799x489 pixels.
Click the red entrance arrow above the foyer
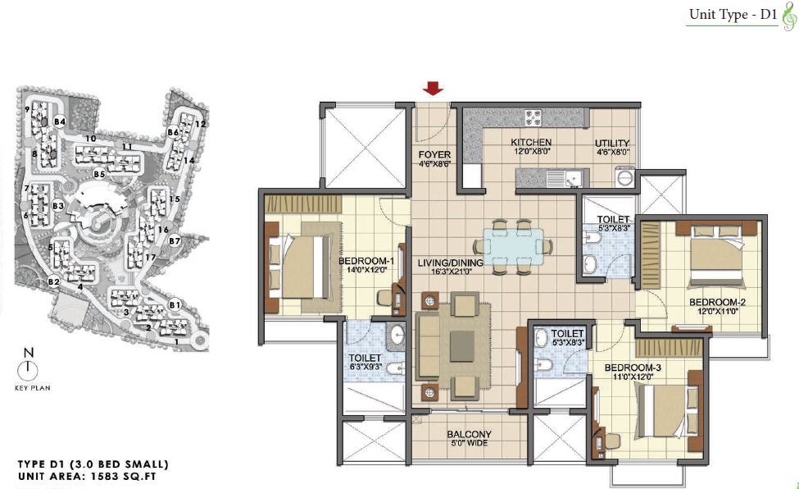tap(434, 89)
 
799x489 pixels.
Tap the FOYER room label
tap(434, 155)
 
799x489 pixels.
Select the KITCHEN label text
tap(531, 143)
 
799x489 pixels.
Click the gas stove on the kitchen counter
tap(533, 118)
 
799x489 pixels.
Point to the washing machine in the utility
tap(624, 176)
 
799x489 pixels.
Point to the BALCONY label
tap(470, 434)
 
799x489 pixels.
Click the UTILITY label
tap(612, 144)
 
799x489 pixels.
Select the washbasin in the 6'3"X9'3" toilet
tap(396, 335)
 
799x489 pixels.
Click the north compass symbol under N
tap(28, 369)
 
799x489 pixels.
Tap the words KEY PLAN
tap(33, 388)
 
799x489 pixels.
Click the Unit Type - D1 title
tap(733, 15)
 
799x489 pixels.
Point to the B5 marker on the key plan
tap(99, 174)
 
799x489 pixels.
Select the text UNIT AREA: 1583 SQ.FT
tap(87, 477)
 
